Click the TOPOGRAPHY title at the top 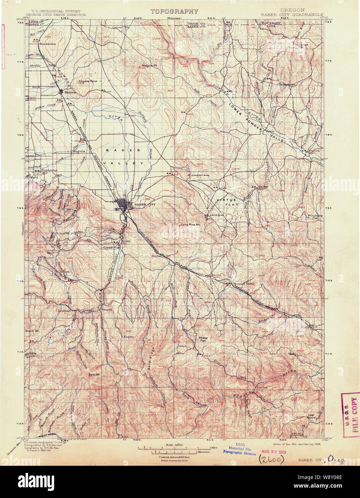[174, 11]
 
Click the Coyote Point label [88, 81]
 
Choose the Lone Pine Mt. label [190, 225]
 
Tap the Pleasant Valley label [245, 283]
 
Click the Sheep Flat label [203, 339]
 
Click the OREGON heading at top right [293, 10]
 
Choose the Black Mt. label [32, 331]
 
